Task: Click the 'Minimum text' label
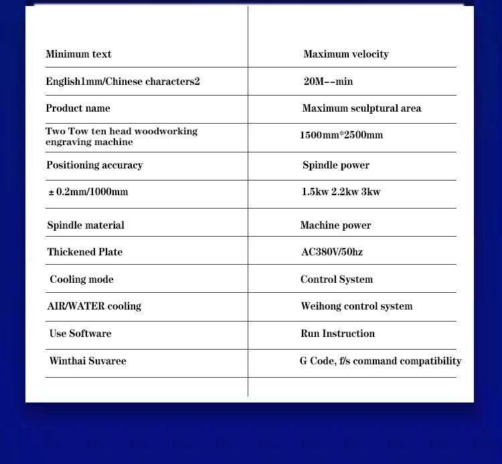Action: [78, 54]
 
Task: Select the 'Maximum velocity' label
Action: [345, 54]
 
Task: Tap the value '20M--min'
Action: [328, 82]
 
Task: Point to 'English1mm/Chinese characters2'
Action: [122, 82]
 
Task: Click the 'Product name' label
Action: [78, 108]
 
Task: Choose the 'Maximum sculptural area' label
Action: [361, 108]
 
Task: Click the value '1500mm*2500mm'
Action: [341, 135]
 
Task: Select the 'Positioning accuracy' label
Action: [94, 165]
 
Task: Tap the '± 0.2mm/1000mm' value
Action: [88, 192]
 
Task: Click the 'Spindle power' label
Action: [335, 165]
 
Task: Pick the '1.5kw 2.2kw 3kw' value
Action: [341, 192]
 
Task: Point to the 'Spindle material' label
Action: [86, 225]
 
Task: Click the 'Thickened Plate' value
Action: [85, 252]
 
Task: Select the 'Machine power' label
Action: [335, 225]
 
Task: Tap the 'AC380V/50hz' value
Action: [332, 252]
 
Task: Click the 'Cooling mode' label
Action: [82, 279]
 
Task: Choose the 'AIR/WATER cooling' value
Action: [94, 306]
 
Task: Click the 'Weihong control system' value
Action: [356, 306]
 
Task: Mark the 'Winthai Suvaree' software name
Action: [88, 361]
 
